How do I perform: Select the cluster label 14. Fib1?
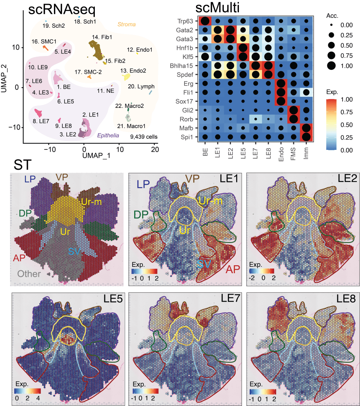(x=101, y=37)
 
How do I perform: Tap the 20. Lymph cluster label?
(x=141, y=86)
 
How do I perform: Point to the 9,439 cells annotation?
(x=144, y=136)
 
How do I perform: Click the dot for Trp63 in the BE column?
(x=205, y=21)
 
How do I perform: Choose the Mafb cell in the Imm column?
(x=306, y=128)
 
